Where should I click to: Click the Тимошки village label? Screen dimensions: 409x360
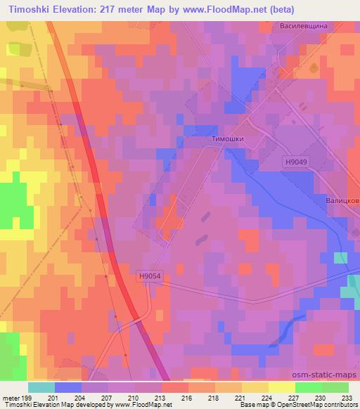click(x=227, y=139)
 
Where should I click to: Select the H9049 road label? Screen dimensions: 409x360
click(x=296, y=162)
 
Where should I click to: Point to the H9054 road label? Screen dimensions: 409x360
click(x=150, y=276)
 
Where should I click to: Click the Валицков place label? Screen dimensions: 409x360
click(x=342, y=200)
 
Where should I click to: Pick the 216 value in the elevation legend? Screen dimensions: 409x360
click(x=187, y=398)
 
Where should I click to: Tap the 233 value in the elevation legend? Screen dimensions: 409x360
click(x=347, y=398)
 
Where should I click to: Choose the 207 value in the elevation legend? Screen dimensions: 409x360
click(x=107, y=398)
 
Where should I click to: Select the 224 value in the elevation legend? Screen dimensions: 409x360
click(x=267, y=398)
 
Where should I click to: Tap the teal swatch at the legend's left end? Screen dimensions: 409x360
click(x=41, y=387)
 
